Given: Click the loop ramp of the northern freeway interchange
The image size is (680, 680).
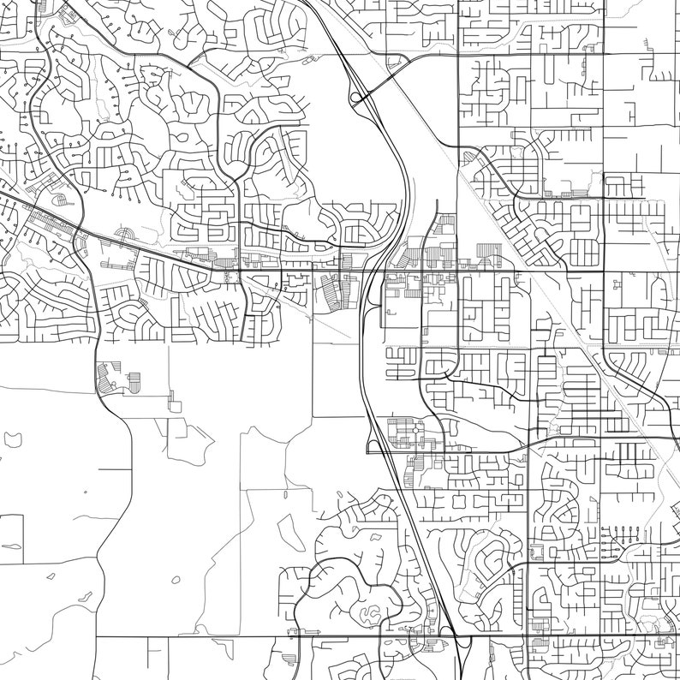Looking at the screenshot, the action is click(357, 98).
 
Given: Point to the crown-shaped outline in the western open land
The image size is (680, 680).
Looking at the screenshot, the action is click(15, 439).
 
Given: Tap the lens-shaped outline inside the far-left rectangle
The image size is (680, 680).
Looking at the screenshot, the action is click(12, 546).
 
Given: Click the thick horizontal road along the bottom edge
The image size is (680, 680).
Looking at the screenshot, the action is click(257, 637).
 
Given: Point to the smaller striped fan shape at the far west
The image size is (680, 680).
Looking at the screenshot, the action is click(62, 200).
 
